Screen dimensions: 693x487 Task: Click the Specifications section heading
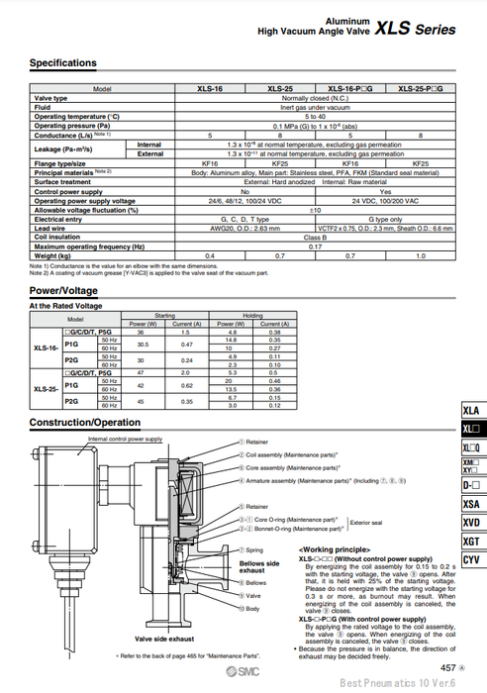(63, 63)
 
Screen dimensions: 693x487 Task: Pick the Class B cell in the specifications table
(315, 238)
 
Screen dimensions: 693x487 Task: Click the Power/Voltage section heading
(63, 291)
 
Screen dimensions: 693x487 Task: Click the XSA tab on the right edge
(472, 504)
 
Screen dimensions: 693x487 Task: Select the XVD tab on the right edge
(472, 523)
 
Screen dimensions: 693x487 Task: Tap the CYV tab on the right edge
(472, 560)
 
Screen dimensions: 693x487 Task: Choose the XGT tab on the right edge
(472, 542)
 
